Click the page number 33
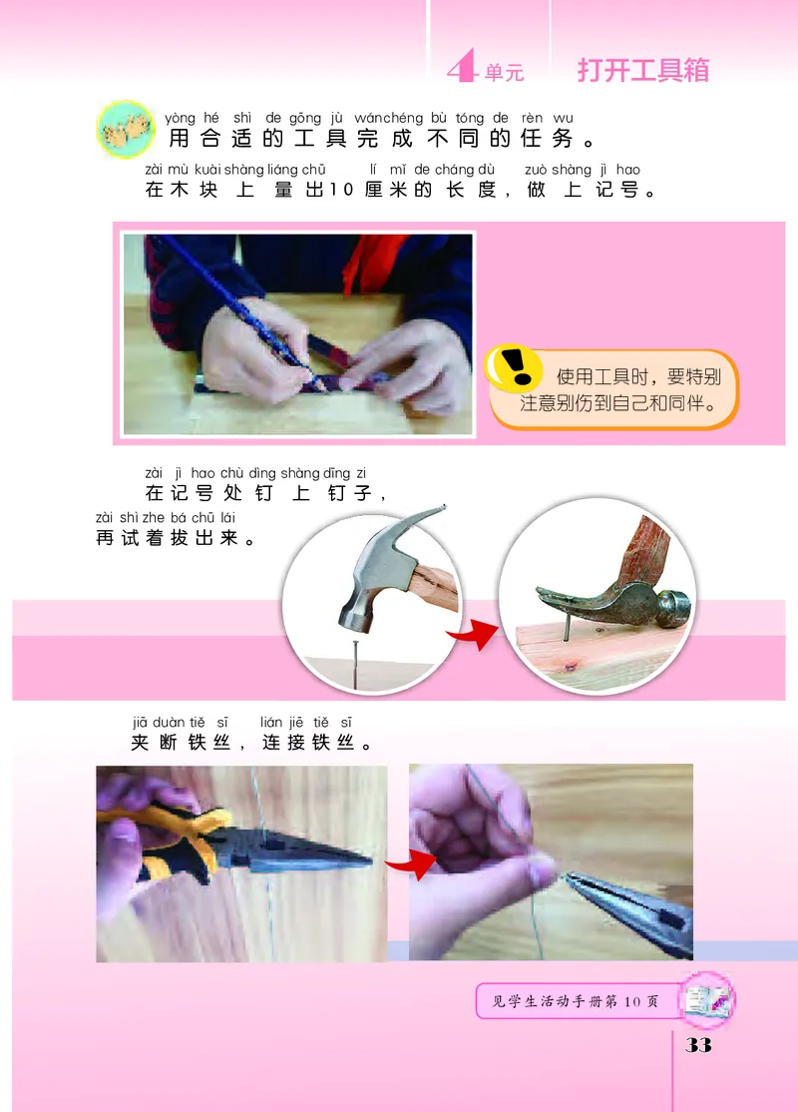click(x=697, y=1044)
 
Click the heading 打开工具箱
click(x=642, y=70)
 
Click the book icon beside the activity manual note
click(x=709, y=998)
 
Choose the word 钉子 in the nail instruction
click(x=350, y=493)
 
